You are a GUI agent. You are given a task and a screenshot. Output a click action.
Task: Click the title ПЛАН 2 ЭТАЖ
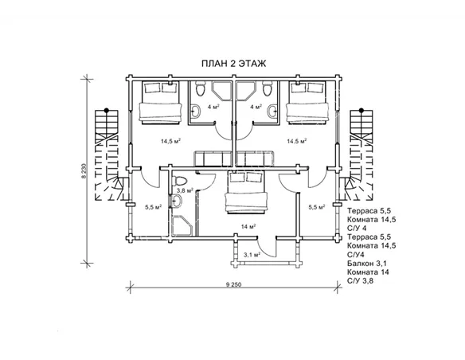pos(233,64)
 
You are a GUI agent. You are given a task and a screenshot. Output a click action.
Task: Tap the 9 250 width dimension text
pos(233,284)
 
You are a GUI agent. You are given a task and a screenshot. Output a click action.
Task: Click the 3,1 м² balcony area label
pos(252,254)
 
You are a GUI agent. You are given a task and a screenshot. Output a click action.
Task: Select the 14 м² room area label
pos(248,227)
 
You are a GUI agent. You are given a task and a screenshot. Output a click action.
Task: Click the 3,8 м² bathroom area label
pos(185,190)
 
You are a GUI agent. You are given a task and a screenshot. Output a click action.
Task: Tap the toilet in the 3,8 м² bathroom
pos(180,180)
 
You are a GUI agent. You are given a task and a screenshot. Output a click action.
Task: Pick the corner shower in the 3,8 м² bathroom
pos(182,225)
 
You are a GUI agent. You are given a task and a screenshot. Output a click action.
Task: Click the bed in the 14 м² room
pos(246,192)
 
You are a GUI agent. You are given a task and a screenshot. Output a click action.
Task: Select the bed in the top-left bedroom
pos(160,102)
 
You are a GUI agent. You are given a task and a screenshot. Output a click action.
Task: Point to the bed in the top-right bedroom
pos(307,102)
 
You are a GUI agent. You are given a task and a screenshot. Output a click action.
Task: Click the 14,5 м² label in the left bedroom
pos(171,141)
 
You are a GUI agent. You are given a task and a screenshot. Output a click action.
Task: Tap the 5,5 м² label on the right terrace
pos(316,207)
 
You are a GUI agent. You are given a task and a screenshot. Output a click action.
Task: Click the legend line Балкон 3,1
pos(367,264)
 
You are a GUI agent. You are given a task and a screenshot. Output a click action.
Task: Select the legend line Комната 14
pos(368,272)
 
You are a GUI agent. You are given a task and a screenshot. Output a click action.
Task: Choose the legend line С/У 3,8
pos(360,281)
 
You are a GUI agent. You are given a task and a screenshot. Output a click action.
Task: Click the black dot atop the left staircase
pos(106,110)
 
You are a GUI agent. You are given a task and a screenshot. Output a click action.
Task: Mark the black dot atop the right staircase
pos(361,110)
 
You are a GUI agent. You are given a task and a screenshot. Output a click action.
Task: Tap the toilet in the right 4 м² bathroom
pos(267,88)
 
